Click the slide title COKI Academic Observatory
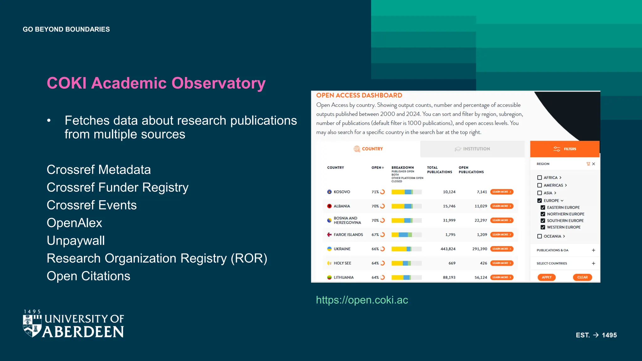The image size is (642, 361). pos(156,83)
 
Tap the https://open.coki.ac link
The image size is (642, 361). pos(362,300)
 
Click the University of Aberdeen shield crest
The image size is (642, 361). pos(32,326)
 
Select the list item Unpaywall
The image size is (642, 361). pos(76,241)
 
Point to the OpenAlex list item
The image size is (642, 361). pos(74,223)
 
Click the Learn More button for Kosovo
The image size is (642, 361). pos(502,192)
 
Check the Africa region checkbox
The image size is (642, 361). pos(539,178)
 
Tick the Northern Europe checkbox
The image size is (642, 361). pos(543,214)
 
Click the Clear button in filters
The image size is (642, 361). pos(582,277)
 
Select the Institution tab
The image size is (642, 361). pos(472,149)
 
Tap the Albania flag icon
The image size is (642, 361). pos(329,206)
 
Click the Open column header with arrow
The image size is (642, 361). pos(378,168)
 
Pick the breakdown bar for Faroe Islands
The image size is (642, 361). pos(406,235)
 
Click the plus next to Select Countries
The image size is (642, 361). pos(593,263)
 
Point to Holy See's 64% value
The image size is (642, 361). pos(375,263)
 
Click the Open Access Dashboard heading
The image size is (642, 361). pos(359,95)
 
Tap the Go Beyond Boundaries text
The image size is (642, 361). pos(66,29)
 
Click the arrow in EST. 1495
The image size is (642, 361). pos(596,335)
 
